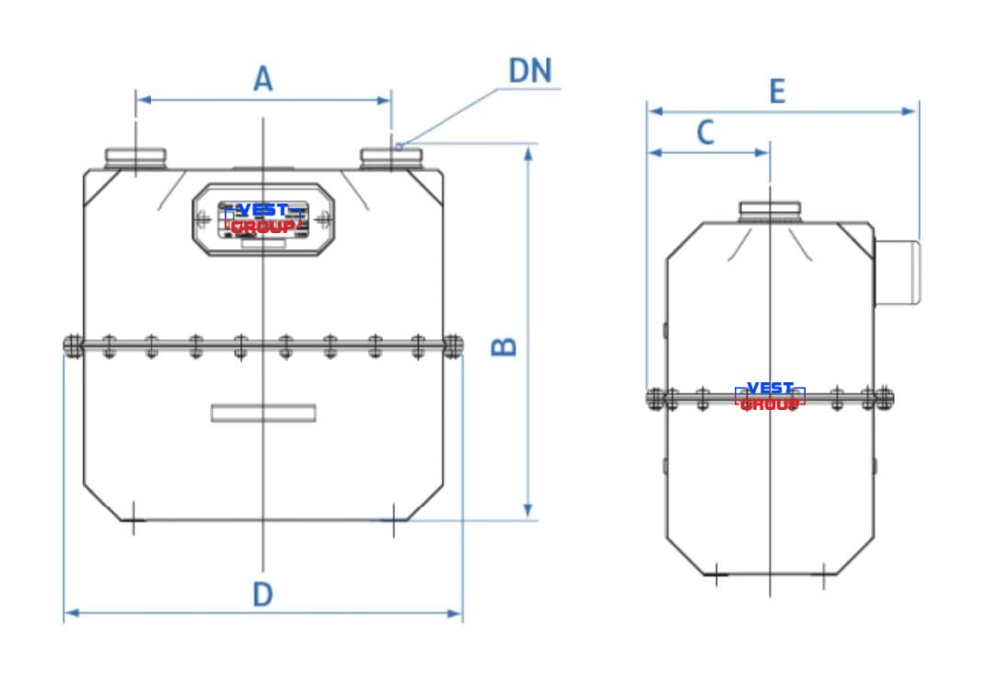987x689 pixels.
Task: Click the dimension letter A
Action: coord(263,78)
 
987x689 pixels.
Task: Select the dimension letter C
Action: coord(705,133)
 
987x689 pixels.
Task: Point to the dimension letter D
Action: coord(263,594)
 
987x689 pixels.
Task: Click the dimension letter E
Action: coord(778,91)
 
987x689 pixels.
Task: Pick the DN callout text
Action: coord(530,71)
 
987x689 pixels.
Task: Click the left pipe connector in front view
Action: coord(135,158)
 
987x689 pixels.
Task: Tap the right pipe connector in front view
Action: coord(391,158)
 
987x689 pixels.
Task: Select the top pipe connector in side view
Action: coord(770,212)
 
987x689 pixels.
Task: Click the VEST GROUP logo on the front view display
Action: coord(263,218)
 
